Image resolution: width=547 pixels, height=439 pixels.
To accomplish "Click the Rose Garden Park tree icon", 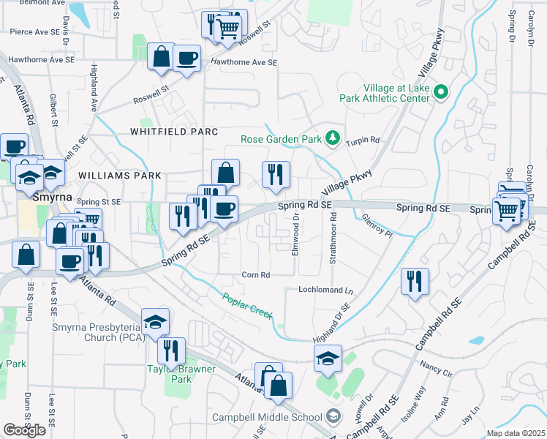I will click(333, 138).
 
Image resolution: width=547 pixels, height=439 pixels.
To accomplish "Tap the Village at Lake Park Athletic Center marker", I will click(441, 93).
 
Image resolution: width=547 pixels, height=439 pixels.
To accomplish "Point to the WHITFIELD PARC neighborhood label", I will click(174, 132).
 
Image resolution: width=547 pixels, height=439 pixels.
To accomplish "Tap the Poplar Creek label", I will click(248, 304).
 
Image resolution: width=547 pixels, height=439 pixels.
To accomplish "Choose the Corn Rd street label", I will click(256, 275).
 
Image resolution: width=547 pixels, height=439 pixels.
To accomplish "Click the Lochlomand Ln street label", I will click(325, 290).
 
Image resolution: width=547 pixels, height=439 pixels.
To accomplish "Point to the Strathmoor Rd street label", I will click(333, 238).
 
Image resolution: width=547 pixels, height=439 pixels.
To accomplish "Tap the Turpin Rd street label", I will click(363, 140).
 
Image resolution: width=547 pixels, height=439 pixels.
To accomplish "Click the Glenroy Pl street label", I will click(377, 226).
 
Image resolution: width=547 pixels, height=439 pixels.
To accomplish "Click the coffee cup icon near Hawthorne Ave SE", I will click(187, 58).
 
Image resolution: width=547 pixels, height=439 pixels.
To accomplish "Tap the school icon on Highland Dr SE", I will click(328, 358).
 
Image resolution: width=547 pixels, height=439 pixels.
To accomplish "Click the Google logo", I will click(24, 430).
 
